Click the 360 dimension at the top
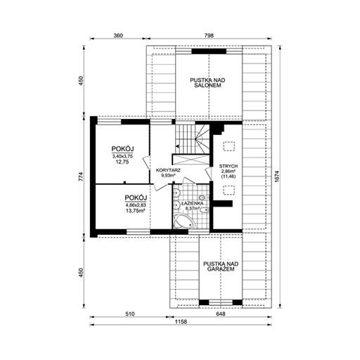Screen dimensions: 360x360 118,35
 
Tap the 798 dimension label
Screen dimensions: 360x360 209,35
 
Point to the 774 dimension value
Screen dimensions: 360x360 81,176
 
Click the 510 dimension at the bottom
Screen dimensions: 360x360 129,314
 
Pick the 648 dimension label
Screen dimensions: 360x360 221,314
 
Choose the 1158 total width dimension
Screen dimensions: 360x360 181,321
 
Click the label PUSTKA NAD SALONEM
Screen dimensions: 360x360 207,83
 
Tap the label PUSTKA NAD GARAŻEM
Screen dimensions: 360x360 221,266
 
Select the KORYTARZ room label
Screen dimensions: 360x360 168,170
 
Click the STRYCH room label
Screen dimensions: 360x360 229,166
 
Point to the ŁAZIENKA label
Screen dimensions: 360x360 192,203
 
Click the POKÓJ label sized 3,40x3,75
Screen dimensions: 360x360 122,149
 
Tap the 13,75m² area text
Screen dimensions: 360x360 136,211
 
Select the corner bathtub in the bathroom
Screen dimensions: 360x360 185,221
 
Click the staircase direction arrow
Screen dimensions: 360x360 177,146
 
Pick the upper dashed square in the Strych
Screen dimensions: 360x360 229,147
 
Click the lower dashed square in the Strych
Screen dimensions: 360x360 229,190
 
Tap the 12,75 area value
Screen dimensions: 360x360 122,162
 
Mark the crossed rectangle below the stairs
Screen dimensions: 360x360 191,160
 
